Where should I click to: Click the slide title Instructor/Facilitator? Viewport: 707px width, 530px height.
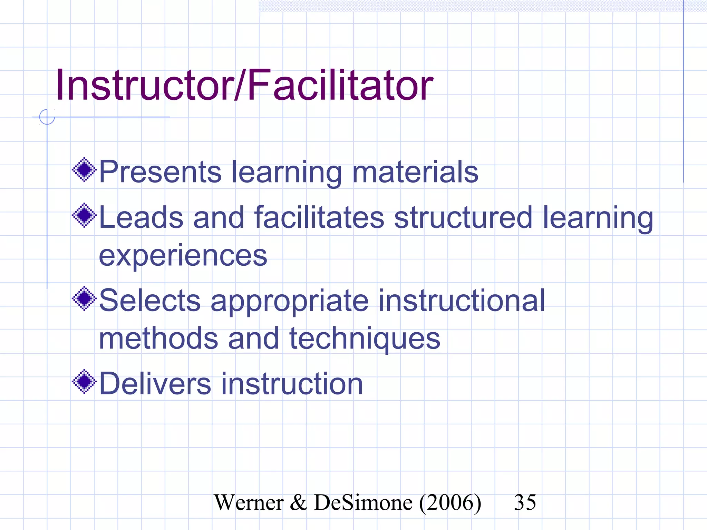244,85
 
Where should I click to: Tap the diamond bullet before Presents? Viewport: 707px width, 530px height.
84,170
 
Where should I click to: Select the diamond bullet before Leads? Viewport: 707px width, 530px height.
84,216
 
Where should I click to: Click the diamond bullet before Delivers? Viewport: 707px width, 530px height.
84,382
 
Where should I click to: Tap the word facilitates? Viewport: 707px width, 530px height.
319,217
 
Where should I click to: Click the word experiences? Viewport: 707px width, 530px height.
183,256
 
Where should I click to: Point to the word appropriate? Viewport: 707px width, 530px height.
289,301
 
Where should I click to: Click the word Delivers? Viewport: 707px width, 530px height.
155,384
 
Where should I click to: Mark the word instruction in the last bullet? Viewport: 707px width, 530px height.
292,384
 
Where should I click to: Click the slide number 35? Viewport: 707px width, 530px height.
525,502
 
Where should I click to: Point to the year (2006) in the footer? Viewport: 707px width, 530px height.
450,503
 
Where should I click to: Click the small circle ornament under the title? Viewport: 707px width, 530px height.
47,117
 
